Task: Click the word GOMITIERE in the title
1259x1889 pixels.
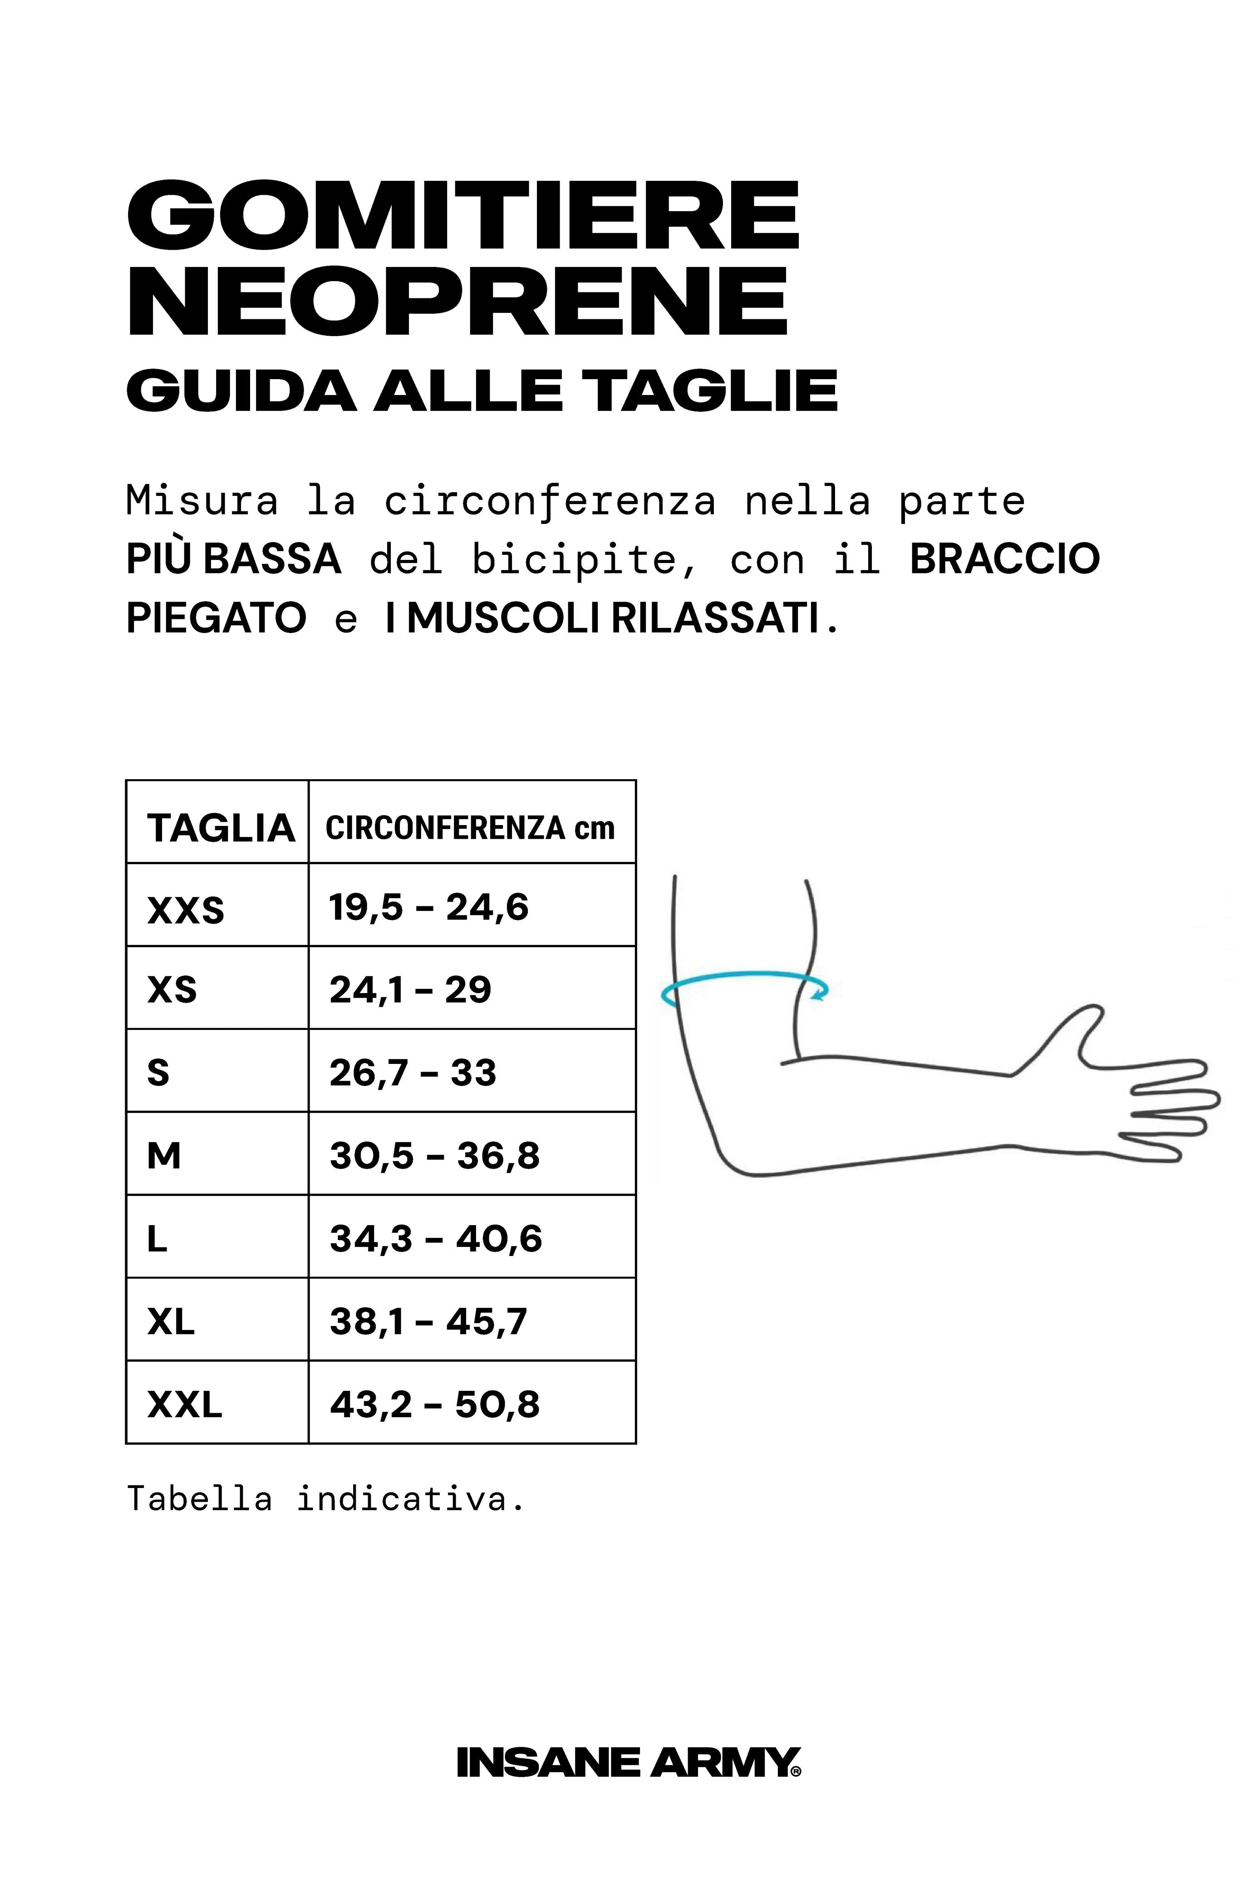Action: click(x=463, y=215)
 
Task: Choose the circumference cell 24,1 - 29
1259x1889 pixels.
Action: click(x=410, y=989)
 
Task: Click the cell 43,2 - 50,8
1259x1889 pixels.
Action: click(x=434, y=1404)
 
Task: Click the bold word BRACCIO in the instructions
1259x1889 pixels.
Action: click(x=1004, y=559)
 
